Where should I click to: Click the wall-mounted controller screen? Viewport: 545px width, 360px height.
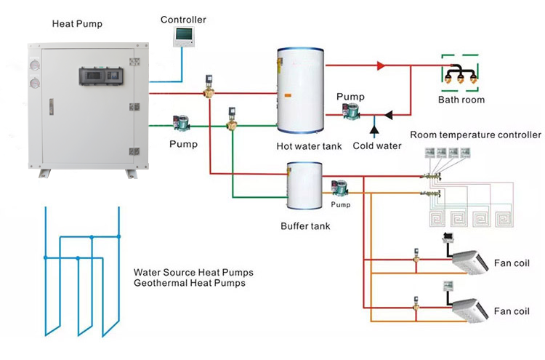pyautogui.click(x=184, y=36)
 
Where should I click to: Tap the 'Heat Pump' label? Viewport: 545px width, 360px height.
pyautogui.click(x=77, y=24)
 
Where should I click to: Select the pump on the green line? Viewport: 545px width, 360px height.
pyautogui.click(x=182, y=123)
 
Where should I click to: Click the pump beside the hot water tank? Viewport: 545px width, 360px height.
pyautogui.click(x=351, y=111)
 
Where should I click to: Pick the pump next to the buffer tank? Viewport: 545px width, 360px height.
pyautogui.click(x=339, y=188)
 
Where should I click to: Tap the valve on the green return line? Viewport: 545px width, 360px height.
pyautogui.click(x=232, y=119)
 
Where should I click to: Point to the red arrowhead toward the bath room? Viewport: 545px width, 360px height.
pyautogui.click(x=381, y=65)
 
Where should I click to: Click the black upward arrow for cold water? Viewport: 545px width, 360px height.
pyautogui.click(x=374, y=129)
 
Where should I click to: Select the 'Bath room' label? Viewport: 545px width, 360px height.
pyautogui.click(x=461, y=100)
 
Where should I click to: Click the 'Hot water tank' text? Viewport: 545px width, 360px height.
pyautogui.click(x=309, y=146)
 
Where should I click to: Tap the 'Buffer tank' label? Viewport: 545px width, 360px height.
pyautogui.click(x=305, y=226)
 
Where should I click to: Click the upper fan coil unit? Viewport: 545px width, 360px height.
pyautogui.click(x=470, y=262)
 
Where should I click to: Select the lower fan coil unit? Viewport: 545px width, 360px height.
pyautogui.click(x=470, y=311)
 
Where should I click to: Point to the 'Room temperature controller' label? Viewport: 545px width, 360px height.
pyautogui.click(x=475, y=135)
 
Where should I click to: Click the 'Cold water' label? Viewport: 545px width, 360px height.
pyautogui.click(x=377, y=145)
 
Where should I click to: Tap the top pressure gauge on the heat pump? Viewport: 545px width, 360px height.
pyautogui.click(x=35, y=65)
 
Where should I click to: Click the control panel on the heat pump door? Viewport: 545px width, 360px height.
pyautogui.click(x=101, y=76)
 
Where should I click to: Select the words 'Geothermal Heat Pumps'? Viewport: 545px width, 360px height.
pyautogui.click(x=190, y=283)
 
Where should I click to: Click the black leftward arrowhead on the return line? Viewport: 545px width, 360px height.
pyautogui.click(x=389, y=115)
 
